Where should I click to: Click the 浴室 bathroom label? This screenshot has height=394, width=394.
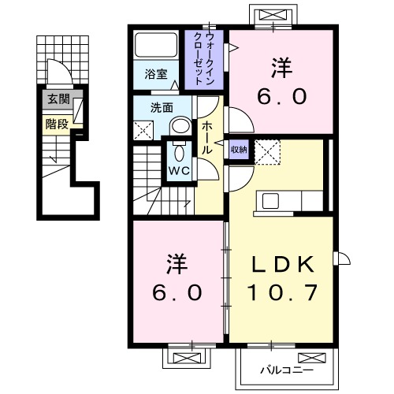[x=156, y=75]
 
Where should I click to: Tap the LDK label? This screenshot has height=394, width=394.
[x=284, y=262]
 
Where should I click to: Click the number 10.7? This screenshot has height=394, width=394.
[x=284, y=293]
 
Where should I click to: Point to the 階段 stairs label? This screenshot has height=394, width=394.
[x=55, y=122]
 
